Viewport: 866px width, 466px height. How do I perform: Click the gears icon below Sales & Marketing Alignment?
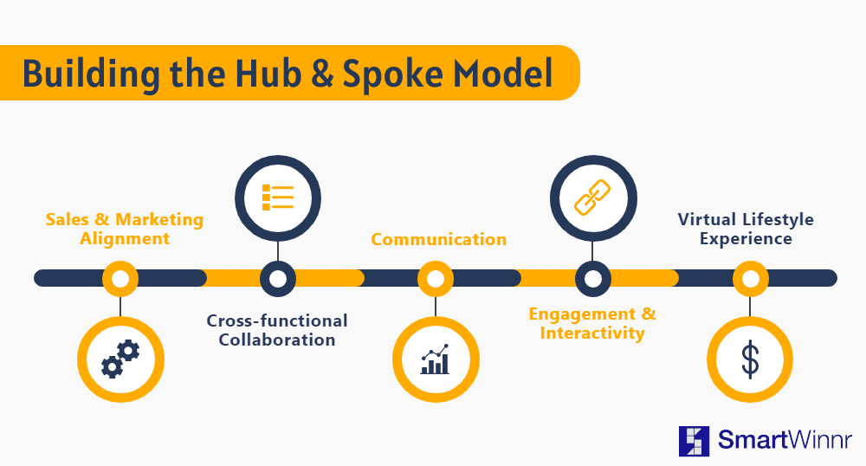tap(120, 359)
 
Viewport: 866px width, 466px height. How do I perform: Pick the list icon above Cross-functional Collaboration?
tap(278, 197)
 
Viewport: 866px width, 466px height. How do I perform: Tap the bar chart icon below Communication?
tap(436, 359)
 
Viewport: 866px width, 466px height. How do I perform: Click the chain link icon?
tap(593, 197)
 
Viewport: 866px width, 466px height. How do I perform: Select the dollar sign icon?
tap(750, 359)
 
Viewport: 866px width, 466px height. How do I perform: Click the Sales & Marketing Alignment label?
tap(125, 229)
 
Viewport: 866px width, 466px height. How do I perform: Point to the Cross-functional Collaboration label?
tap(277, 330)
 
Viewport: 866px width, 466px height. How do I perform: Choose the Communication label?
tap(439, 240)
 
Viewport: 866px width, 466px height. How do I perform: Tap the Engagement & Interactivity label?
tap(592, 322)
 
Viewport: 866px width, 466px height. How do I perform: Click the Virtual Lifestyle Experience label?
tap(746, 229)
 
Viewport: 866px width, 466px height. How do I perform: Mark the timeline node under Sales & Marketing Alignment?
tap(120, 278)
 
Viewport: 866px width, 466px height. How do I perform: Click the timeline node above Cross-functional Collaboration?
tap(278, 278)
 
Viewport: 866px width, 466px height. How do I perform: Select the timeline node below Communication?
tap(436, 278)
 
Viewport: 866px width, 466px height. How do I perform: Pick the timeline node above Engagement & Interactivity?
tap(593, 278)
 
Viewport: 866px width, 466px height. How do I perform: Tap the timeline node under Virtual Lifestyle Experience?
tap(750, 278)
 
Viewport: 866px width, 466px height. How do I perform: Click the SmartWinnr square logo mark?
tap(695, 440)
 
